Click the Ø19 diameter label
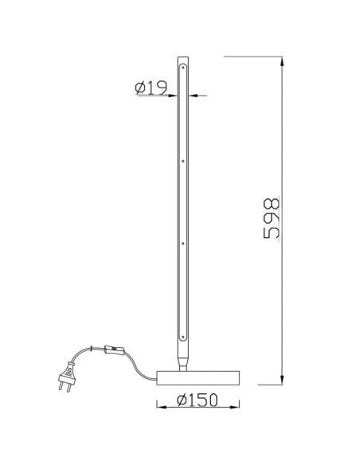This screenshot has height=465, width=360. pos(151,88)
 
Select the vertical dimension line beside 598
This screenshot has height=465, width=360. pos(284,159)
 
